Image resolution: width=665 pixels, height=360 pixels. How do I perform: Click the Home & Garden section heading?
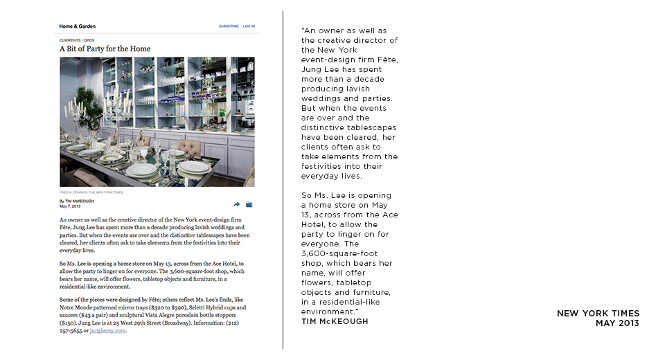pyautogui.click(x=78, y=26)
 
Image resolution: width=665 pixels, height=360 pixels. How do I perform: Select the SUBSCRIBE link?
pyautogui.click(x=229, y=26)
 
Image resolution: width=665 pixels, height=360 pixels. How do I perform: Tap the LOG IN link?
pyautogui.click(x=249, y=26)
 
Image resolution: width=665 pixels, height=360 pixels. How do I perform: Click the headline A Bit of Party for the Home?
pyautogui.click(x=105, y=49)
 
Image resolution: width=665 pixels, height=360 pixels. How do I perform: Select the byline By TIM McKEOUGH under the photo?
pyautogui.click(x=77, y=201)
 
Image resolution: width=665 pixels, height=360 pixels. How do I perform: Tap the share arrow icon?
pyautogui.click(x=237, y=204)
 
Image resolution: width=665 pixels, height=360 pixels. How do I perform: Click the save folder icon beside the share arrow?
pyautogui.click(x=249, y=204)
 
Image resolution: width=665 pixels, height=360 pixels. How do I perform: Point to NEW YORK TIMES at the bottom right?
pyautogui.click(x=598, y=314)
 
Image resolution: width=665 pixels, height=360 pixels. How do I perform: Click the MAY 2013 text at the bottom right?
pyautogui.click(x=617, y=323)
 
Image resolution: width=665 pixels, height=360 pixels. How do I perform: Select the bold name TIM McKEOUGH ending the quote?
pyautogui.click(x=335, y=321)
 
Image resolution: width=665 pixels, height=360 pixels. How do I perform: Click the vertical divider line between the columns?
pyautogui.click(x=283, y=180)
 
